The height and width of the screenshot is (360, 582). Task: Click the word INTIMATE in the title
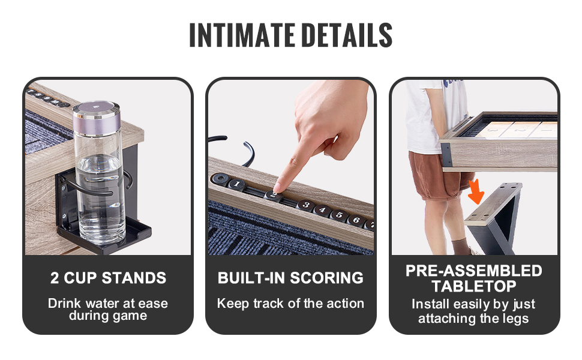click(x=242, y=35)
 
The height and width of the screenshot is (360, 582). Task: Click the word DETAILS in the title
click(x=347, y=35)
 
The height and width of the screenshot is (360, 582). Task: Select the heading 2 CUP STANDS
click(x=108, y=278)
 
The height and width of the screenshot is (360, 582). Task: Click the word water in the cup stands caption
click(x=101, y=303)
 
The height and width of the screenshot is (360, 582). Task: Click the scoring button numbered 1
click(x=237, y=184)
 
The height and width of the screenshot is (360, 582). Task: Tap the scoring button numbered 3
click(x=305, y=204)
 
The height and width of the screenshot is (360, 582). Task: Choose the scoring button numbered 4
click(x=323, y=209)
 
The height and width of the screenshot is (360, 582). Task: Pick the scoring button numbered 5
click(x=339, y=215)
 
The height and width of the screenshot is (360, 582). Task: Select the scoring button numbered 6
click(x=356, y=220)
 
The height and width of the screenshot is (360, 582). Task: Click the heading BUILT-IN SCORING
click(x=290, y=278)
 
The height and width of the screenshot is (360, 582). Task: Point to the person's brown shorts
click(x=438, y=175)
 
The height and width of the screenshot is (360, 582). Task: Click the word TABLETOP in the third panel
click(x=474, y=286)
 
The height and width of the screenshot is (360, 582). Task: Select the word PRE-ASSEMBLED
click(x=474, y=271)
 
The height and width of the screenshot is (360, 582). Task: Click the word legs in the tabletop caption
click(x=514, y=319)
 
